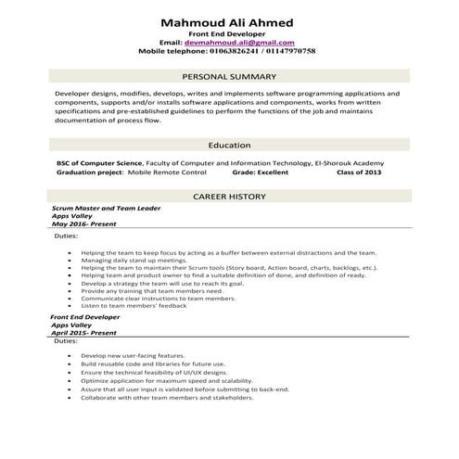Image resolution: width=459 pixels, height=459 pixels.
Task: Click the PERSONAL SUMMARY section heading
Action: point(228,76)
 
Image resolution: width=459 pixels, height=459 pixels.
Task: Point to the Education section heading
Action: point(229,146)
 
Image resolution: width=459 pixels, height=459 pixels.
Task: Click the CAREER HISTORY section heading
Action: point(228,197)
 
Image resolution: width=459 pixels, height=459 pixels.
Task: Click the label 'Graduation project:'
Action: point(89,172)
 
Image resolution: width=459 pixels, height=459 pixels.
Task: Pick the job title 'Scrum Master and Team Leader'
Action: point(108,210)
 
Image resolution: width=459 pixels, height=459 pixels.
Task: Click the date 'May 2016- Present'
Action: point(84,224)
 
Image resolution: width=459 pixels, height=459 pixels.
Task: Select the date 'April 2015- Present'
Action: point(84,332)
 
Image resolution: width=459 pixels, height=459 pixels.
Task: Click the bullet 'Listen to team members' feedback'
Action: point(134,306)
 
